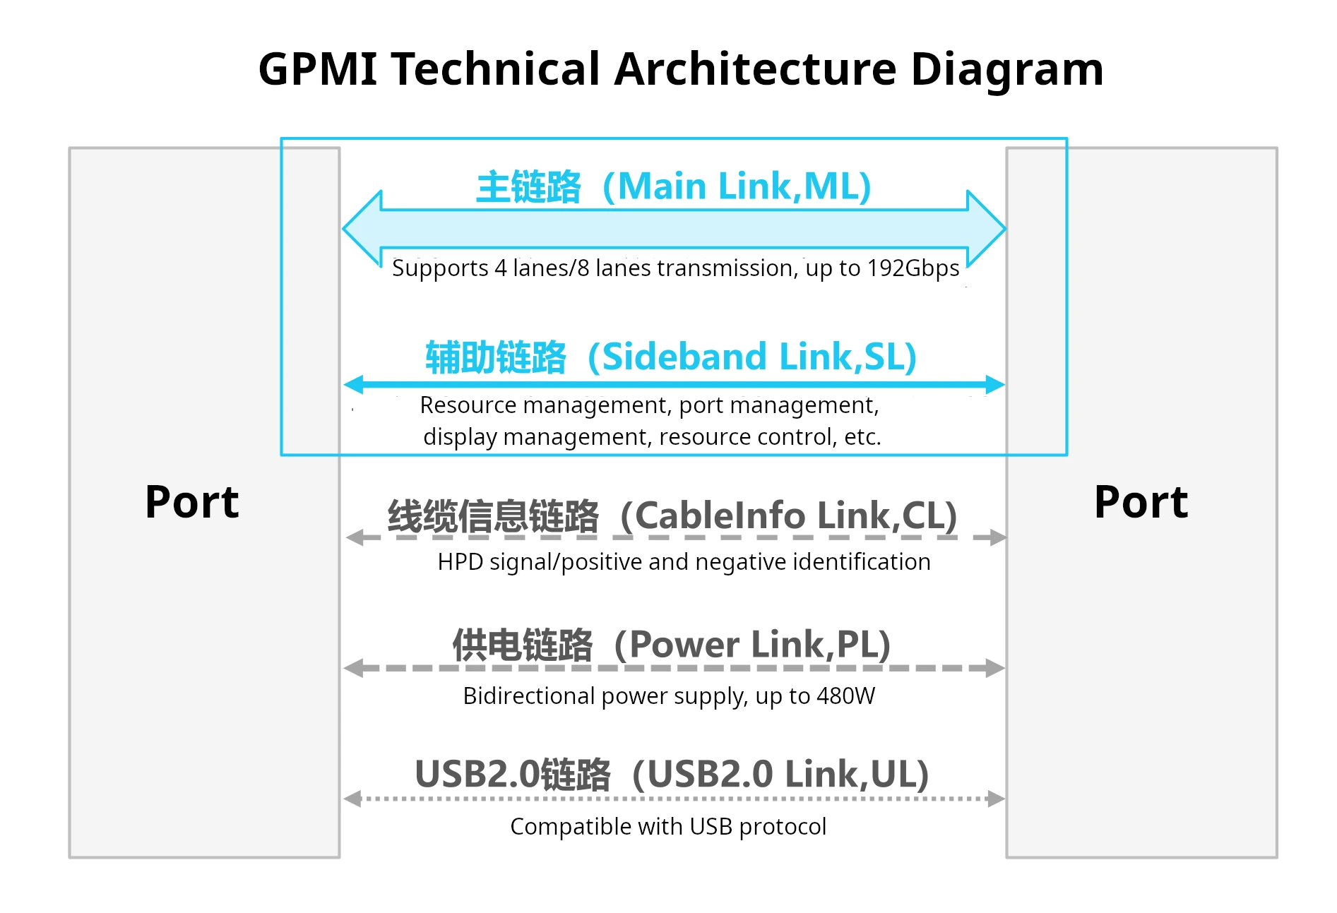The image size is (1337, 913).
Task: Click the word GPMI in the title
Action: [x=319, y=69]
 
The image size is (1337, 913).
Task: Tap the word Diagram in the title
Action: [x=1007, y=71]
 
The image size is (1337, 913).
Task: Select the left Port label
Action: [x=192, y=503]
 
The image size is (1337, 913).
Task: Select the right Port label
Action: [x=1141, y=503]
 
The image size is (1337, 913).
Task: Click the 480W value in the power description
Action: [x=845, y=696]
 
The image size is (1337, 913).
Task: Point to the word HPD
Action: [x=460, y=562]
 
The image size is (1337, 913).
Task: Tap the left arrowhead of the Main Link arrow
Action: [x=362, y=229]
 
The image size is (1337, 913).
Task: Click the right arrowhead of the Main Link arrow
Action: [x=987, y=229]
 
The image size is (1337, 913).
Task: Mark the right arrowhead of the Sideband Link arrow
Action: [x=995, y=385]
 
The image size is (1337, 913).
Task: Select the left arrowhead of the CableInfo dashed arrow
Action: [x=355, y=538]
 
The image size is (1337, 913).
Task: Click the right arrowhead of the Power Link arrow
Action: [x=995, y=668]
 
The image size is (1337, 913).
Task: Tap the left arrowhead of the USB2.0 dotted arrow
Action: [x=352, y=799]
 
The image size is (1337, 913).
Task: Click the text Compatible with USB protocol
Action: [x=668, y=827]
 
